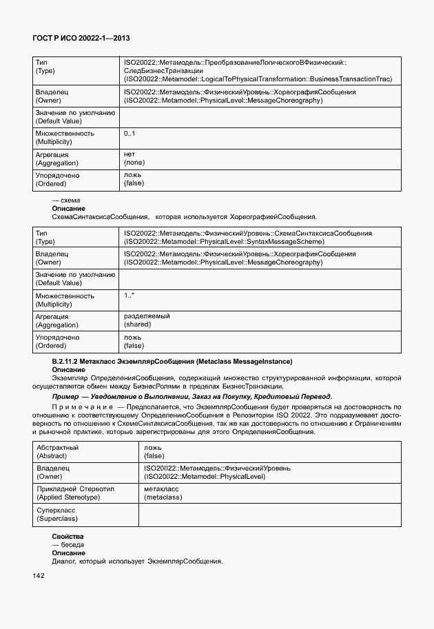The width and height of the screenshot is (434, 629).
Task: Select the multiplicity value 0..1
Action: [x=130, y=133]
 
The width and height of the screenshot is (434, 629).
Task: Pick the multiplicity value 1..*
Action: [x=130, y=295]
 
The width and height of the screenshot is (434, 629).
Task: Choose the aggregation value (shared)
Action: [x=138, y=324]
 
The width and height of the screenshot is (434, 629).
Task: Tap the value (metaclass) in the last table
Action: [x=163, y=497]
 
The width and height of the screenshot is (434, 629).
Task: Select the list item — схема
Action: [x=66, y=200]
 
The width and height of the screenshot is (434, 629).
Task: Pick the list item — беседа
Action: [x=68, y=544]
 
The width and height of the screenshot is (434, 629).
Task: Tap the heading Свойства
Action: [x=68, y=536]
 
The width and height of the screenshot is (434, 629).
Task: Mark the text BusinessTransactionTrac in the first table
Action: [x=351, y=79]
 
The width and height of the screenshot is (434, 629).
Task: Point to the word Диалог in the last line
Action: [x=65, y=561]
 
